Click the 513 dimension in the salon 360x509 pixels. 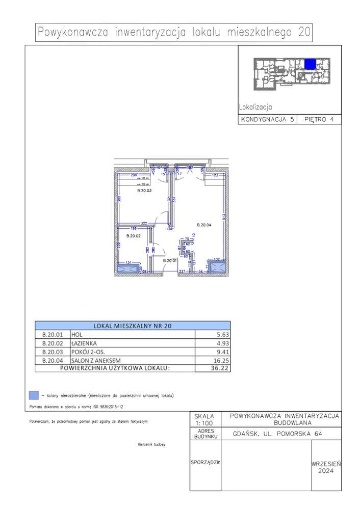(x=223, y=217)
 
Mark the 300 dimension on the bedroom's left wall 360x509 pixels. (x=118, y=200)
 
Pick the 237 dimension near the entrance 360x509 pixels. (x=182, y=272)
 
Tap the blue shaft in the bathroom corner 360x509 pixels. (x=125, y=270)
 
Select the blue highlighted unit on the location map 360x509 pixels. (x=310, y=64)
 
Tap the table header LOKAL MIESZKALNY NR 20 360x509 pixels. (x=132, y=326)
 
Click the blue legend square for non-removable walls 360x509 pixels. (x=34, y=395)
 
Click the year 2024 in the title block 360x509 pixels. (x=325, y=471)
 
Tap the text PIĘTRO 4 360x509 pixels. (x=319, y=120)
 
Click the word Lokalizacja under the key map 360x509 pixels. (x=255, y=107)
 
